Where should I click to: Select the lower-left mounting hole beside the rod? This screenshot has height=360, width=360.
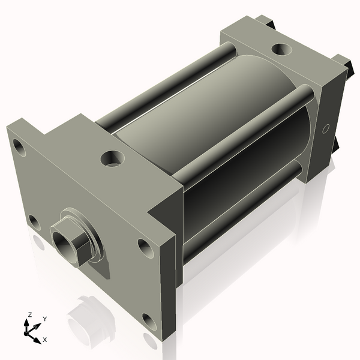35,223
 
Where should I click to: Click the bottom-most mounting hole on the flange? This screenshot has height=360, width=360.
148,322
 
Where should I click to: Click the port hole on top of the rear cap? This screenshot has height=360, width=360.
280,49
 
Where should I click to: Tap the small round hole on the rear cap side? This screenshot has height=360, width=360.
326,128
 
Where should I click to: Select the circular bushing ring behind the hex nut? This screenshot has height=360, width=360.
91,232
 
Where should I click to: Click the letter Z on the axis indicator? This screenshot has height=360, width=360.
29,314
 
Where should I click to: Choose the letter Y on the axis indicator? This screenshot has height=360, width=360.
45,319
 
